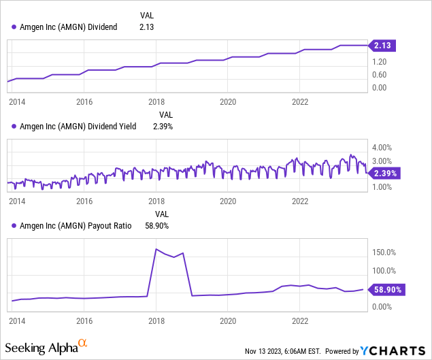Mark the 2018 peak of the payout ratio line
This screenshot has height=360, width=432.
point(156,249)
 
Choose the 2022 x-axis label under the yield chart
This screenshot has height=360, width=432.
point(301,201)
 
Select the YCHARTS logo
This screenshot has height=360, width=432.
point(393,350)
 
